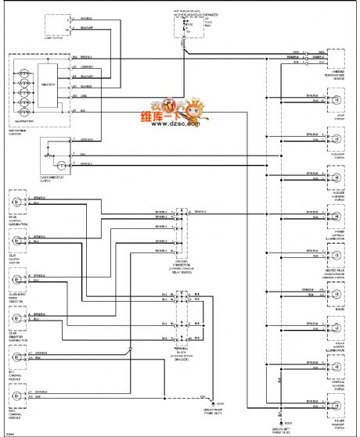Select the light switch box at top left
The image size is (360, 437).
pyautogui.click(x=54, y=27)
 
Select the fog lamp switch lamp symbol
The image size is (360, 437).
pyautogui.click(x=337, y=139)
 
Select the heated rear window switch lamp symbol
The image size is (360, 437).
pyautogui.click(x=337, y=255)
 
